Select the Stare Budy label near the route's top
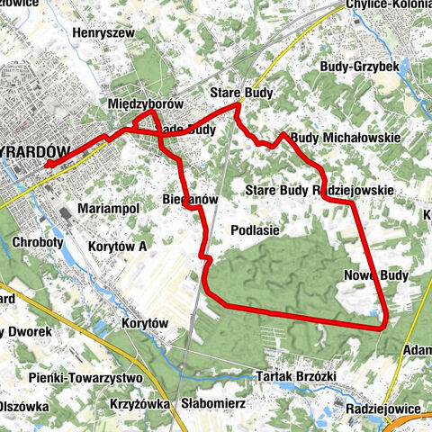(x=240, y=93)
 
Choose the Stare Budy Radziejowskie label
(x=319, y=190)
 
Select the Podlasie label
(x=255, y=230)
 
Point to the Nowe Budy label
(x=376, y=275)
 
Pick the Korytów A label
(x=117, y=245)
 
